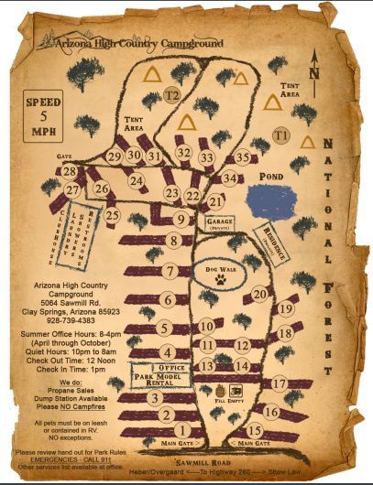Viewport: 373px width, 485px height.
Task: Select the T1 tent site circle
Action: (280, 135)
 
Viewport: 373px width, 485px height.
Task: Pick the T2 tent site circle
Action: (171, 94)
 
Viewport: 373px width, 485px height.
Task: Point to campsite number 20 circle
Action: (259, 294)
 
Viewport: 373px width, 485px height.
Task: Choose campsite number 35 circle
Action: (241, 157)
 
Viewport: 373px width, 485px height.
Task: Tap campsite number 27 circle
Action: (72, 189)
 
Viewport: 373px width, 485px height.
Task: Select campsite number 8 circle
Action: (173, 241)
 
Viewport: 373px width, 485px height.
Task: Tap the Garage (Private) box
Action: (220, 224)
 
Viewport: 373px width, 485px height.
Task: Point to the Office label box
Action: (172, 368)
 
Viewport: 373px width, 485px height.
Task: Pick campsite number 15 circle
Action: (255, 430)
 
